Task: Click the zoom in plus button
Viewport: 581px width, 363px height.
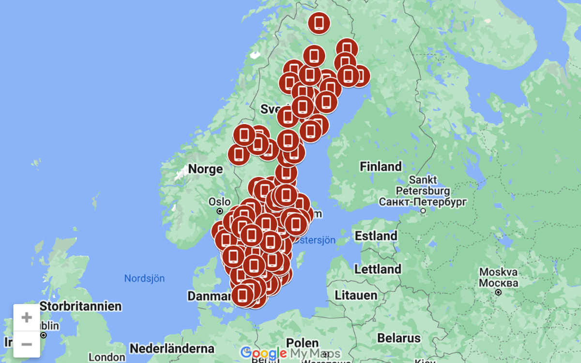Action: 27,317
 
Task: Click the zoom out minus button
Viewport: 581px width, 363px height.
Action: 27,344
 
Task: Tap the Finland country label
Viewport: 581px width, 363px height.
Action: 381,167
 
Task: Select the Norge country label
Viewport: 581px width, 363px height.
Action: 205,169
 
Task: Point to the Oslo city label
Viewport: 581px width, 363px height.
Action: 219,201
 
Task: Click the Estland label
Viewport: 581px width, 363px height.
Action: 376,237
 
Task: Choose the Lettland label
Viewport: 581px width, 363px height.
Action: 378,269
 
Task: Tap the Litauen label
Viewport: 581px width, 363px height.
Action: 356,295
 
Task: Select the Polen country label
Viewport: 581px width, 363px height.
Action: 302,343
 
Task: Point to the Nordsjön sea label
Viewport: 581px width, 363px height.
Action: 144,279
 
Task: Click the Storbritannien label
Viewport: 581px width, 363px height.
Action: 80,306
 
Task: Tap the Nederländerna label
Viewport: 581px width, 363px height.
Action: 172,348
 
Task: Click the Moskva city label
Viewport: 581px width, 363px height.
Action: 498,272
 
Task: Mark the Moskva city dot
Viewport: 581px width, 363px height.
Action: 498,292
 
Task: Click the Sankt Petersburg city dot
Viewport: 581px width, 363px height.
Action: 423,211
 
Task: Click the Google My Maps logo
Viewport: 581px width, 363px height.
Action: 290,353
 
